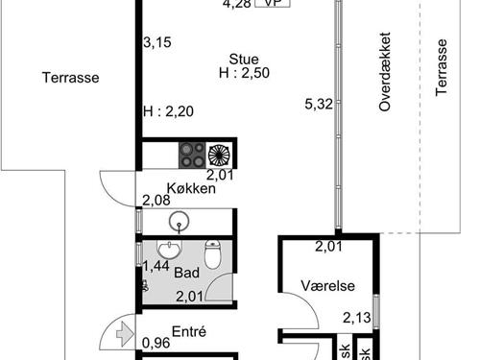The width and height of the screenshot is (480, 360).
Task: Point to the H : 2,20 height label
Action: coord(168,112)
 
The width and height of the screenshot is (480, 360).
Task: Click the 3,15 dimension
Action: coord(156,42)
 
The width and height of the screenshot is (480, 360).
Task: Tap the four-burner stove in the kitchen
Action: coord(190,155)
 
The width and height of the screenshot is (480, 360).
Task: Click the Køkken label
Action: coord(190,189)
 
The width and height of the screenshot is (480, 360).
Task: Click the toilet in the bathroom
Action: coord(220,255)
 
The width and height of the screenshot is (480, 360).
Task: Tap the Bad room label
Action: coord(186,273)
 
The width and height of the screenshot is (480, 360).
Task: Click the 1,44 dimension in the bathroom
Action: coord(156,266)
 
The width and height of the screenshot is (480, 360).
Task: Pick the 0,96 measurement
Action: coord(156,343)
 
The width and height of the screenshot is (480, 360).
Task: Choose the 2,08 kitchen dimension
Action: coord(156,201)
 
